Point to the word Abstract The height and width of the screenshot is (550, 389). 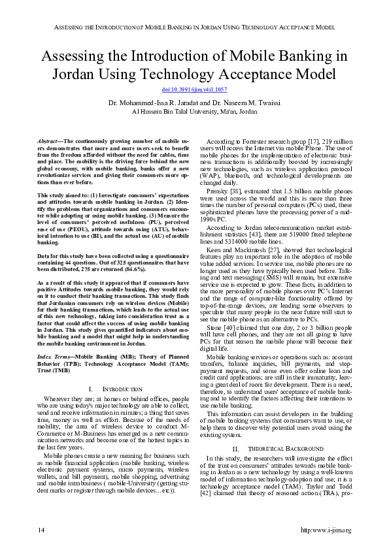[x=47, y=141]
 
